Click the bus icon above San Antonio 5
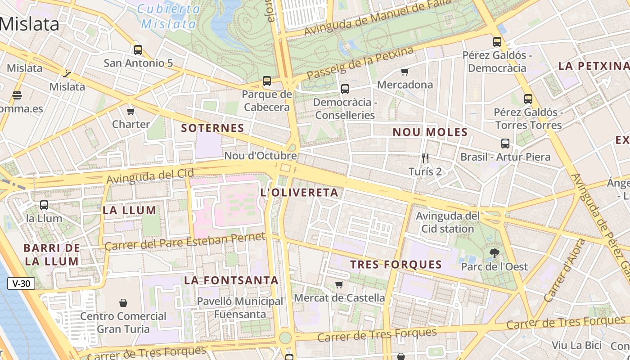[138, 50]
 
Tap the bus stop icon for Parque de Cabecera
[267, 81]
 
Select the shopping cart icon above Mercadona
[405, 72]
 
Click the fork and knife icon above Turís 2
[425, 158]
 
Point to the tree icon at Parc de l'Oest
[494, 253]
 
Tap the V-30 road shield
[21, 283]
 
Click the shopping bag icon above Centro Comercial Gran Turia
[123, 303]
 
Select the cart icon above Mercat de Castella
[339, 284]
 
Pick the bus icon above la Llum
[44, 205]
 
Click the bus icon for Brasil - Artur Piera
[505, 144]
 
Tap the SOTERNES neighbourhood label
[212, 128]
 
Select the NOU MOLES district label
[430, 132]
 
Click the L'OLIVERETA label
[299, 193]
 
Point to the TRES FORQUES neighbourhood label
[396, 264]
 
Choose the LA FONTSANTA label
[231, 280]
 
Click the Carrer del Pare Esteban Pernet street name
[184, 242]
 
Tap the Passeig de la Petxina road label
[360, 63]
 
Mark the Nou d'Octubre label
[261, 156]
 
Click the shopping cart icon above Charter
[131, 111]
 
